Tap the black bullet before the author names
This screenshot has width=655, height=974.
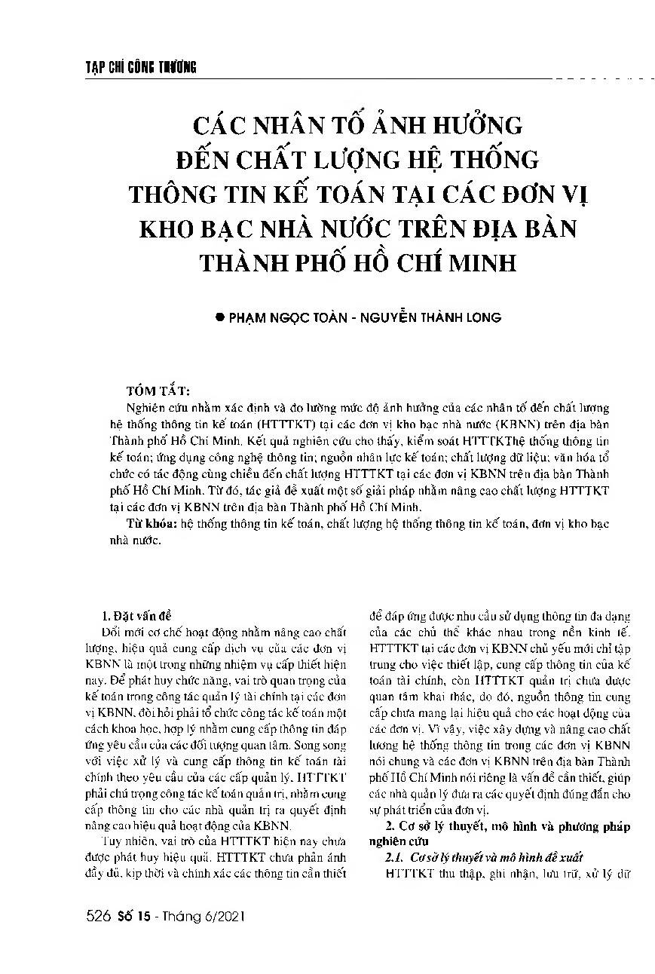(221, 317)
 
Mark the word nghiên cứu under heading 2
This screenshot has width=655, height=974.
(402, 841)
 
